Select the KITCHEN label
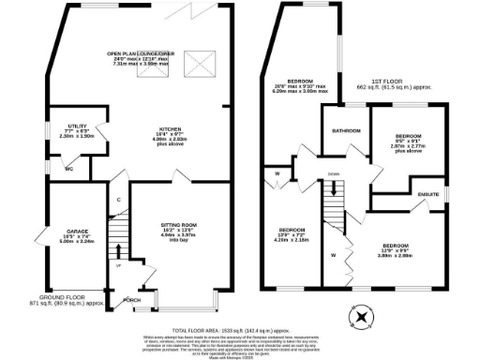(x=168, y=128)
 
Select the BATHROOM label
(x=346, y=130)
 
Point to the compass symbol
(x=358, y=318)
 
